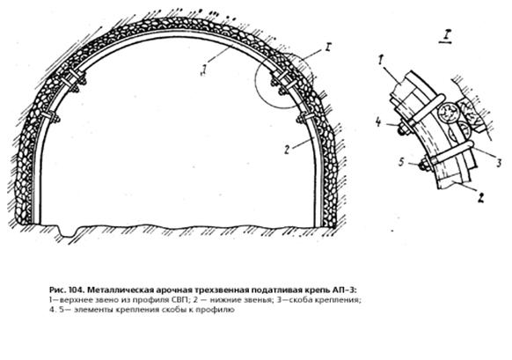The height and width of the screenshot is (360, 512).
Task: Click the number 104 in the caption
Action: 76,290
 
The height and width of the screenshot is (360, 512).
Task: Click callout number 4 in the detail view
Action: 379,122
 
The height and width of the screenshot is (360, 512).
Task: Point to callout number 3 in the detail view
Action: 499,162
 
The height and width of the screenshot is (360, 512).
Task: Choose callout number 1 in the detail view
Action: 380,60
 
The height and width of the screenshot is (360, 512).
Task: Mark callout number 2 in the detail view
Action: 480,198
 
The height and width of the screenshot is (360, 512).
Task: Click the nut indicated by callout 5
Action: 424,165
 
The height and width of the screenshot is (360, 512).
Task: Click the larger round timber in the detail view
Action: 447,114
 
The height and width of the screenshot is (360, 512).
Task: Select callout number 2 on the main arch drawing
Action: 287,150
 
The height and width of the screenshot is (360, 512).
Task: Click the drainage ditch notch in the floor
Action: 67,231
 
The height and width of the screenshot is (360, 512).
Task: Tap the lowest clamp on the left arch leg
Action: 51,117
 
